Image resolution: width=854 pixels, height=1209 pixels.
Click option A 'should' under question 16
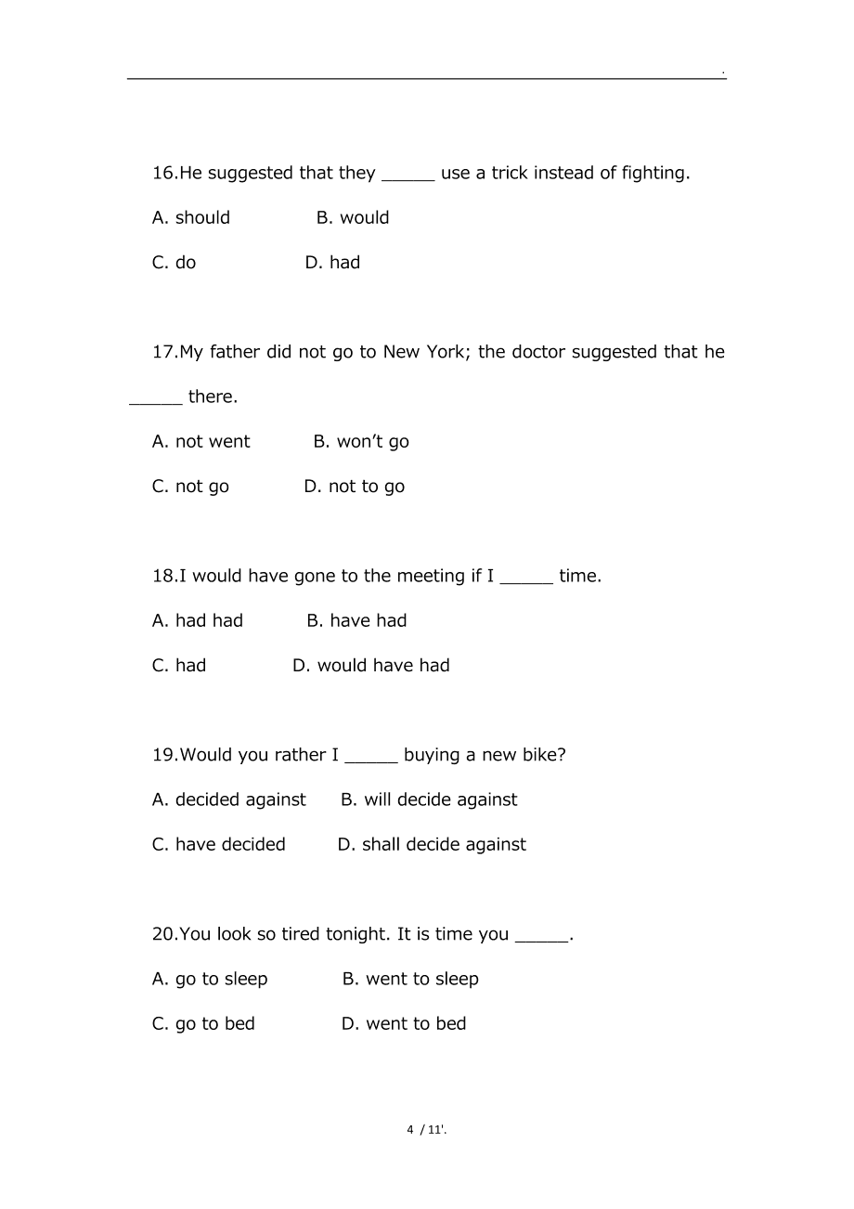coord(191,218)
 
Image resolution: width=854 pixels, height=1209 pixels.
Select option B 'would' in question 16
coord(353,218)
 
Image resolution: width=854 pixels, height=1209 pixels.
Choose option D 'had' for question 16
coord(332,263)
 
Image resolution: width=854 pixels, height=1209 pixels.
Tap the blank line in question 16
coord(408,175)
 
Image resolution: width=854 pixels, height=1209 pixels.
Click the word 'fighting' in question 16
coord(655,174)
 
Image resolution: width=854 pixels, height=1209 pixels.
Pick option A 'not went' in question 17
coord(201,442)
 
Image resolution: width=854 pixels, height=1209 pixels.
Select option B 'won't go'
coord(361,442)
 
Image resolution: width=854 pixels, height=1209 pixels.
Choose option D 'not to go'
coord(355,487)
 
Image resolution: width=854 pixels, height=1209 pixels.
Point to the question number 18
coord(163,576)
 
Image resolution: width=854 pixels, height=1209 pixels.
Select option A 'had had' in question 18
coord(198,621)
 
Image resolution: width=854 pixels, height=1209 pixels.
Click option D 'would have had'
coord(371,666)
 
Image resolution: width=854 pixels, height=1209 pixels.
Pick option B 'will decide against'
coord(429,800)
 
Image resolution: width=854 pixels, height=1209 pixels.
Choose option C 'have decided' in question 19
coord(219,845)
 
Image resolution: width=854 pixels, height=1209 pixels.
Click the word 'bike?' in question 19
coord(543,755)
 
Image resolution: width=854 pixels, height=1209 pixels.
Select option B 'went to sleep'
coord(410,980)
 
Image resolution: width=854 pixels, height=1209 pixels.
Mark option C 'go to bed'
coord(203,1024)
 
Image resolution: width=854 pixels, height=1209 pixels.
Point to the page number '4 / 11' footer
coord(426,1130)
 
